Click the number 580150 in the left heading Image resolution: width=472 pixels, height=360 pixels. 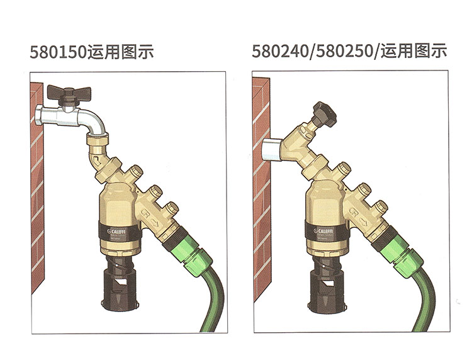(x=55, y=52)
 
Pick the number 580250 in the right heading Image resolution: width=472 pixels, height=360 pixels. (x=344, y=52)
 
